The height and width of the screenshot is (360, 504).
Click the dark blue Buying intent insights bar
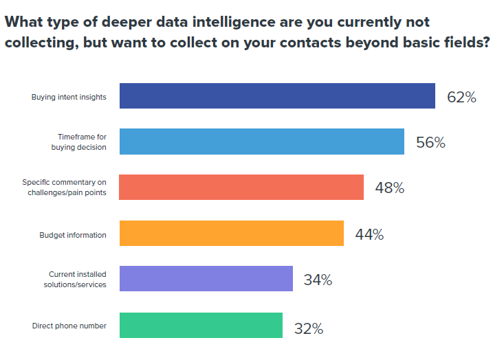point(277,96)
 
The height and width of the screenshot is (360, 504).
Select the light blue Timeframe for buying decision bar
point(261,142)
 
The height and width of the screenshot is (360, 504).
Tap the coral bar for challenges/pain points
point(241,187)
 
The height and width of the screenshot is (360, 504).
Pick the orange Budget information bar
point(231,233)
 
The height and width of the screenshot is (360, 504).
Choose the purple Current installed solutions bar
point(206,279)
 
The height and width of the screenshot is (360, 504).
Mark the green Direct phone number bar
point(201,325)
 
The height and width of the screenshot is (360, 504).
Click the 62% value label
point(461,97)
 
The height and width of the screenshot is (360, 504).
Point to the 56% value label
point(430,143)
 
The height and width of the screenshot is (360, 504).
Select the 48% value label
point(389,188)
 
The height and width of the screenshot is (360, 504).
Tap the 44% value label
point(369,234)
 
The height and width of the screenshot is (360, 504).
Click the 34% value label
point(318,280)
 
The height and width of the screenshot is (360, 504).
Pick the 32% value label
point(308,328)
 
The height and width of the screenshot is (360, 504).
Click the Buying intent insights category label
point(69,97)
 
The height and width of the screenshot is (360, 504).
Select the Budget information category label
point(73,235)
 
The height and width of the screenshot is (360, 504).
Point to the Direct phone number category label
point(69,326)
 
